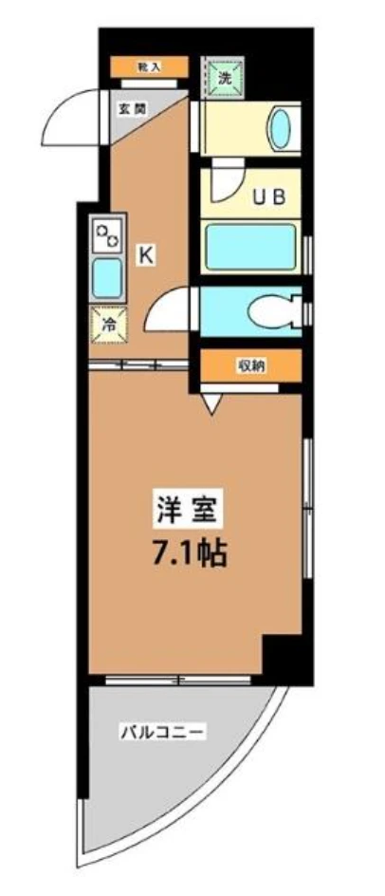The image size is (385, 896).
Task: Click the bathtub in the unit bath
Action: [x=251, y=247]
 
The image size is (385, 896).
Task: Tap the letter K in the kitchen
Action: [x=147, y=253]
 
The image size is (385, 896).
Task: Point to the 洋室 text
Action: [x=190, y=511]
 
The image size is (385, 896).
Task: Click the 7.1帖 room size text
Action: [x=190, y=553]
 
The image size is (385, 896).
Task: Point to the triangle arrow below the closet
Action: [x=212, y=402]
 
